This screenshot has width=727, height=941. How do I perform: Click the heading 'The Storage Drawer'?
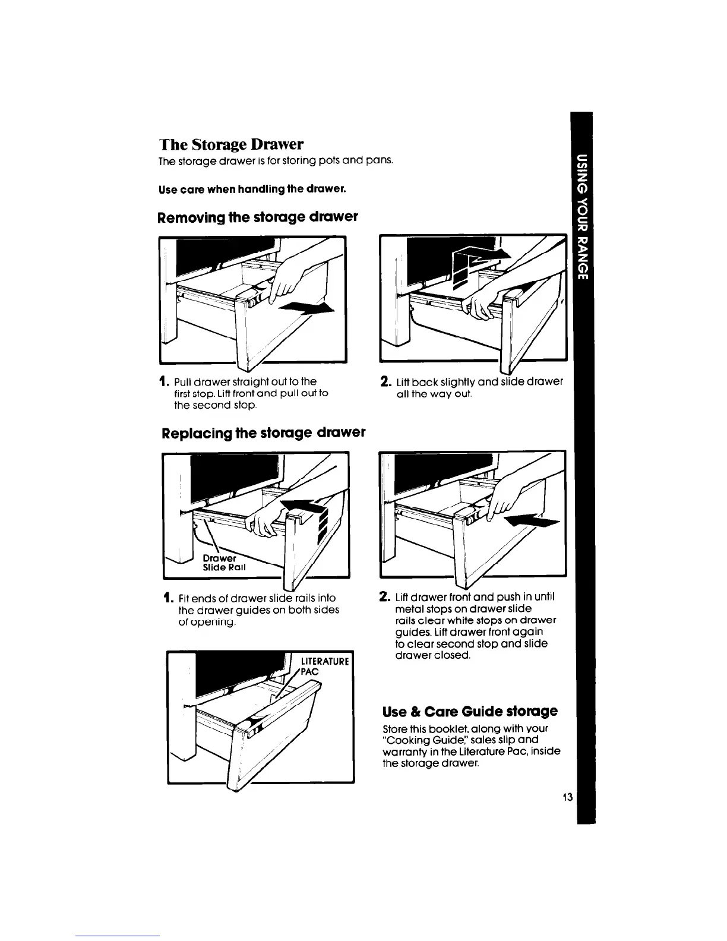pyautogui.click(x=231, y=144)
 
